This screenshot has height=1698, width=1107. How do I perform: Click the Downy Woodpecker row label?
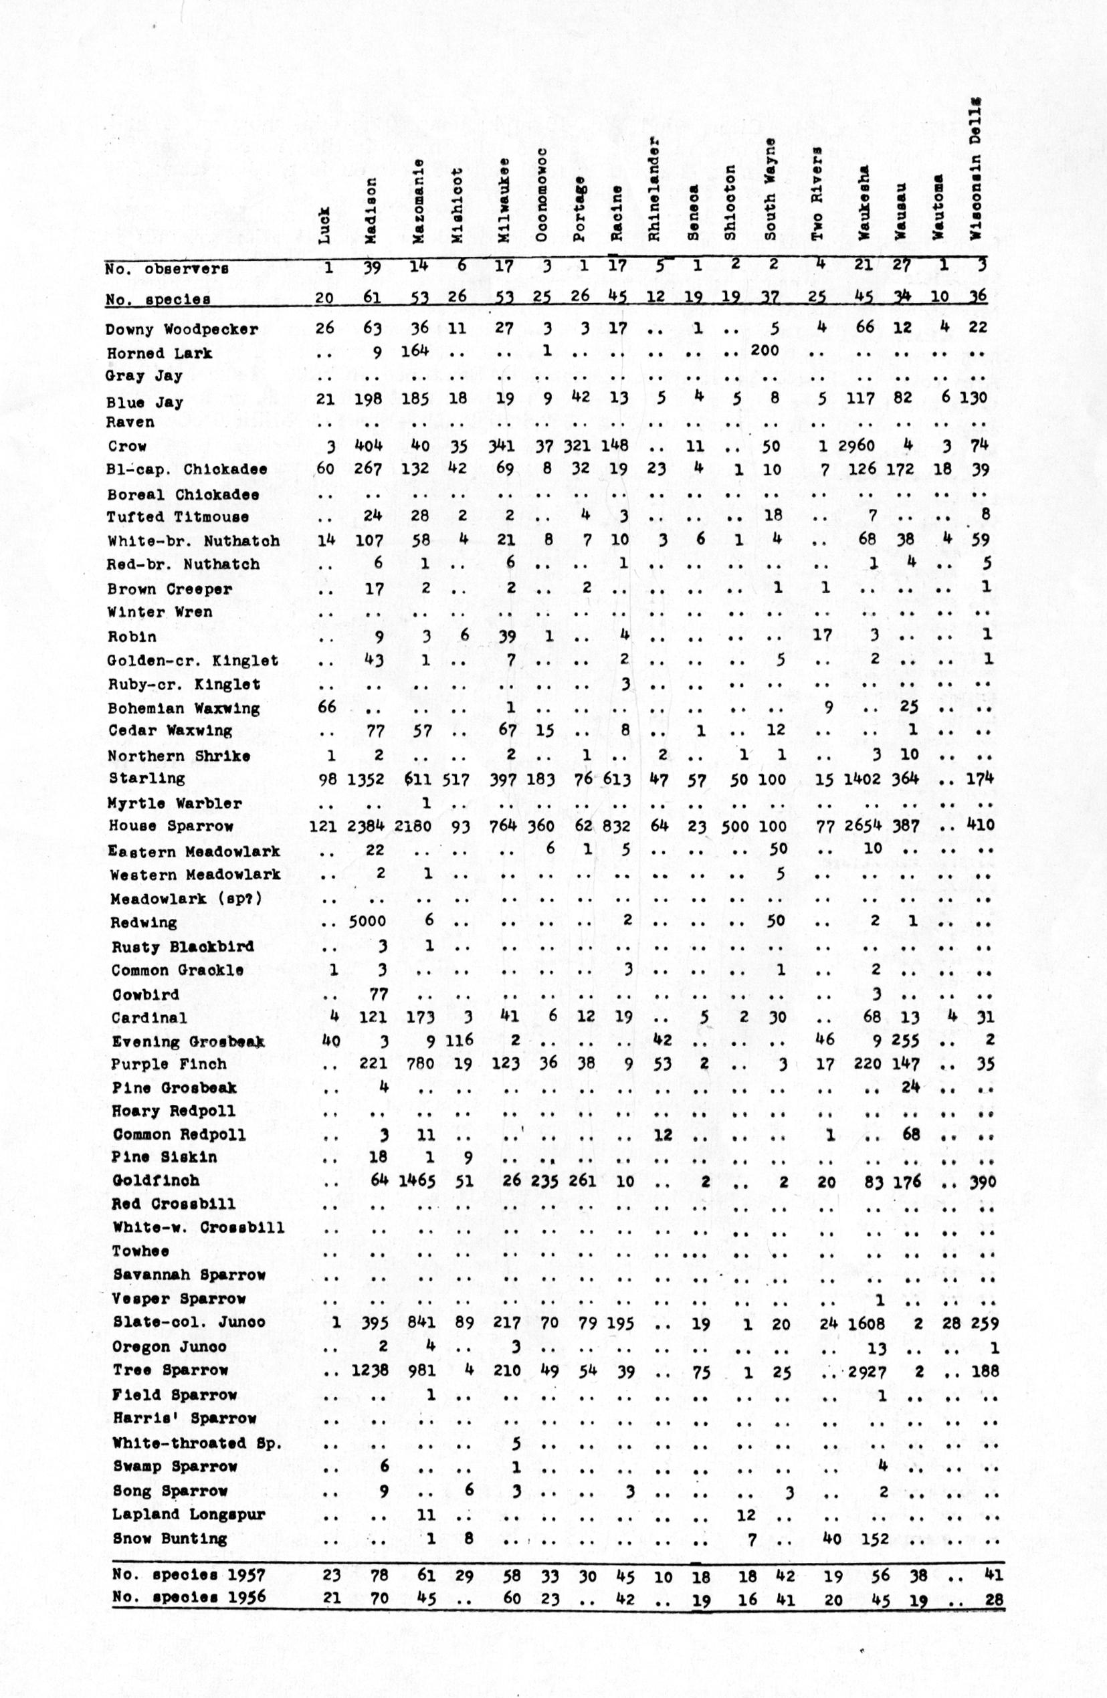(181, 330)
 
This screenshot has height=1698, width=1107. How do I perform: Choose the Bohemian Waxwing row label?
(183, 708)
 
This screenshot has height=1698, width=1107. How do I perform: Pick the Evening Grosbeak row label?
(188, 1042)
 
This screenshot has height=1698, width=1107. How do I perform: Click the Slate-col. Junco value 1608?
(866, 1323)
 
